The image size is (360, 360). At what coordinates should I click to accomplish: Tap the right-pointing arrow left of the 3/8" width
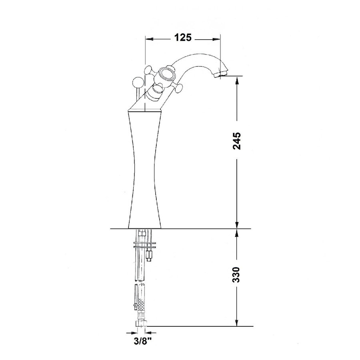(x=130, y=332)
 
